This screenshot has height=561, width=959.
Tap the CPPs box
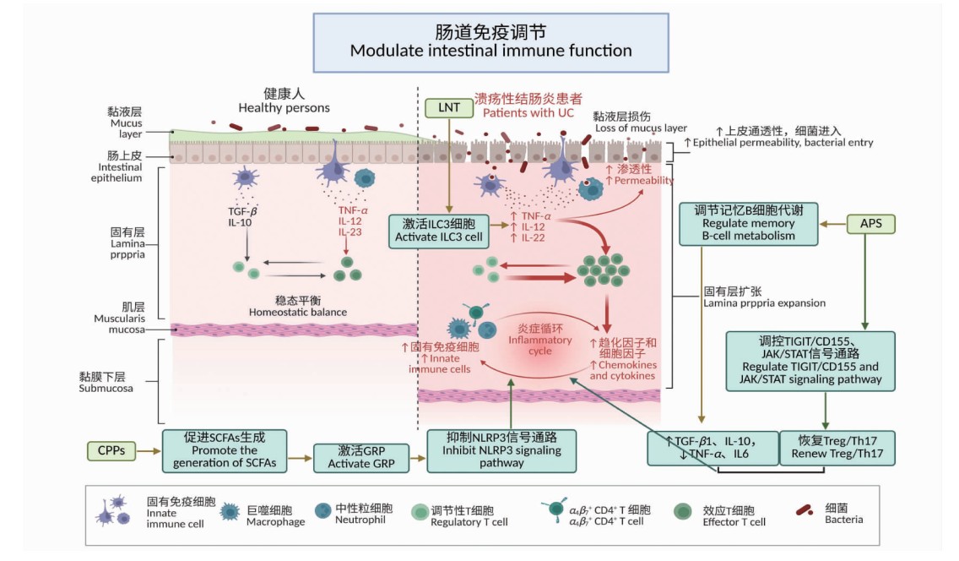pos(111,450)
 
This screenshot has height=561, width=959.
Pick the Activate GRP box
pos(360,457)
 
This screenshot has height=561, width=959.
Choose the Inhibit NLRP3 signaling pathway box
pos(501,449)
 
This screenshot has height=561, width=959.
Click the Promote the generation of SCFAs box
pos(224,450)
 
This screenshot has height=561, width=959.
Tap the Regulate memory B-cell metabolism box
pos(748,224)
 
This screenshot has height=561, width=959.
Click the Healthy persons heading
pos(284,101)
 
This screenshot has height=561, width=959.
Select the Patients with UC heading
pos(528,106)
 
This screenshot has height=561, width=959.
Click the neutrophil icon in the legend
pos(322,510)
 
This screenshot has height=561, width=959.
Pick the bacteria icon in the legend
pos(808,509)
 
